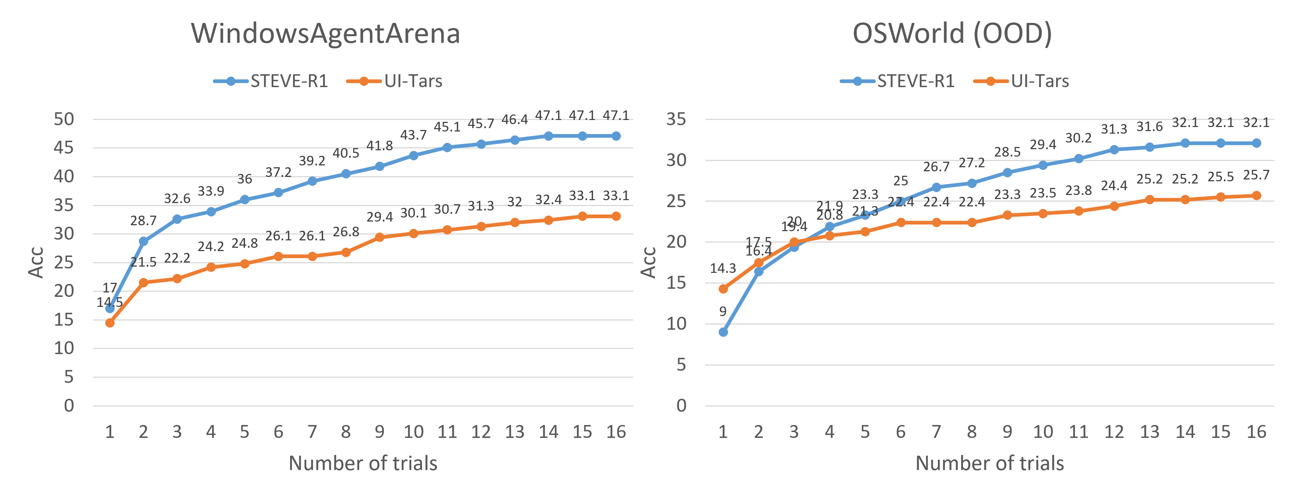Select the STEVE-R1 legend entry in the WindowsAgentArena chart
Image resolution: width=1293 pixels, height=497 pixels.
pyautogui.click(x=271, y=81)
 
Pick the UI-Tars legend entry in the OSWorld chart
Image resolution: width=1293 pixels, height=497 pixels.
pyautogui.click(x=1022, y=81)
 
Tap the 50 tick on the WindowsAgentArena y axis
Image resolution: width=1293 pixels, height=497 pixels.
pyautogui.click(x=64, y=119)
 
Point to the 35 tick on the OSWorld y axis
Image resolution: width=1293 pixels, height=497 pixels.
pyautogui.click(x=676, y=119)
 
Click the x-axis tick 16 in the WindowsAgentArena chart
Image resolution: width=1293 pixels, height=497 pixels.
pyautogui.click(x=616, y=431)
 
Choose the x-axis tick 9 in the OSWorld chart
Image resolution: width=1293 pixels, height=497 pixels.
pyautogui.click(x=1007, y=431)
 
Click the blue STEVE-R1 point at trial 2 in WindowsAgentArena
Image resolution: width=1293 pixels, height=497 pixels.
pyautogui.click(x=143, y=241)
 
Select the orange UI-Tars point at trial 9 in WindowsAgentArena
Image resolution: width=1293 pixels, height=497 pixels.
pyautogui.click(x=380, y=237)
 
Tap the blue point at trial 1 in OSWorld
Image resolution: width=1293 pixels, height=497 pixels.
pyautogui.click(x=723, y=332)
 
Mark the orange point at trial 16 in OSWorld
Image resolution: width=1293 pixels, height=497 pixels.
pyautogui.click(x=1256, y=196)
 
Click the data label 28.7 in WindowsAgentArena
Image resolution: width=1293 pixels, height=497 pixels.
pyautogui.click(x=143, y=221)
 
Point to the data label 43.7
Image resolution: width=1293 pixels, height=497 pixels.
pyautogui.click(x=413, y=135)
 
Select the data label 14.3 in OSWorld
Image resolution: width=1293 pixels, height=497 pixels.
pyautogui.click(x=723, y=268)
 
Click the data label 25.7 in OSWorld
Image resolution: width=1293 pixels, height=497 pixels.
pyautogui.click(x=1256, y=175)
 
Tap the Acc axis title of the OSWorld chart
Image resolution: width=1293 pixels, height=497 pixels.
pyautogui.click(x=649, y=262)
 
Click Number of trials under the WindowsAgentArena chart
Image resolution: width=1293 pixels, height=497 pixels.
pyautogui.click(x=363, y=463)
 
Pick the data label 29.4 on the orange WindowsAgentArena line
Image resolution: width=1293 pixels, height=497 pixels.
pyautogui.click(x=380, y=217)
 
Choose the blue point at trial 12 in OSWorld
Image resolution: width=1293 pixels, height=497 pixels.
pyautogui.click(x=1114, y=150)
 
